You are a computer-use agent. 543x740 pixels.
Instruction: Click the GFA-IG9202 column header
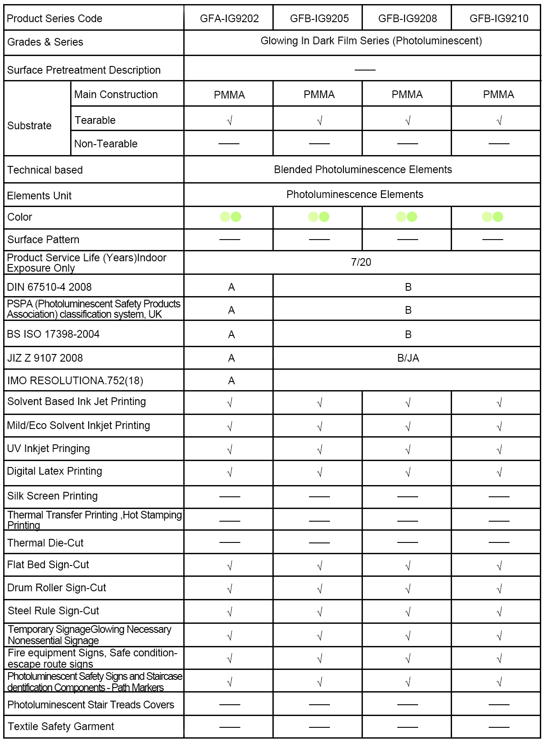click(x=229, y=19)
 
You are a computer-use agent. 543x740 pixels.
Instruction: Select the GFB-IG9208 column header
click(x=407, y=19)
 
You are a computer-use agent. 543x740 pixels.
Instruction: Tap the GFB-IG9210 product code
click(x=499, y=19)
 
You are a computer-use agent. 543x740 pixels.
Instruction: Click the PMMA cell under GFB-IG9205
click(x=319, y=94)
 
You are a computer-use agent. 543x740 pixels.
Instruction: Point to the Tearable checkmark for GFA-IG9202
click(x=229, y=121)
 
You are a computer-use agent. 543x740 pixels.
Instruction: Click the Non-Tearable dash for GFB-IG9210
click(x=499, y=144)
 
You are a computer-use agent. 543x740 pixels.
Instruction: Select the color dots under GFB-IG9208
click(x=406, y=217)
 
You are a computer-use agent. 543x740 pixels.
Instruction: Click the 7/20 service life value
click(x=361, y=262)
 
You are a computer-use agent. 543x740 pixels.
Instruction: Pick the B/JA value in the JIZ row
click(x=408, y=358)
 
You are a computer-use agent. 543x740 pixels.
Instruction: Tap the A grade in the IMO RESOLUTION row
click(x=231, y=381)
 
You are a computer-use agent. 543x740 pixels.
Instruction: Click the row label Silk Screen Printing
click(x=52, y=496)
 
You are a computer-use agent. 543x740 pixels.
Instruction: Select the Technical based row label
click(x=45, y=170)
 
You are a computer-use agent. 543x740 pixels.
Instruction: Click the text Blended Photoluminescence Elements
click(x=363, y=170)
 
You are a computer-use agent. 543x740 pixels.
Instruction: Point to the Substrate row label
click(x=29, y=126)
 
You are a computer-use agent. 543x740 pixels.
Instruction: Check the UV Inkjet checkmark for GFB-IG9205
click(x=319, y=450)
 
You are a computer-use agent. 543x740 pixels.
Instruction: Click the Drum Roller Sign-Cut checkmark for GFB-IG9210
click(x=499, y=589)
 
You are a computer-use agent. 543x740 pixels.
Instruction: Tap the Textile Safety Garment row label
click(x=61, y=726)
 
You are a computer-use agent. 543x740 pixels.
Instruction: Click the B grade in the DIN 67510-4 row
click(x=408, y=287)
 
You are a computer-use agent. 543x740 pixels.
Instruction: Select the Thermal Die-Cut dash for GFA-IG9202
click(x=229, y=542)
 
